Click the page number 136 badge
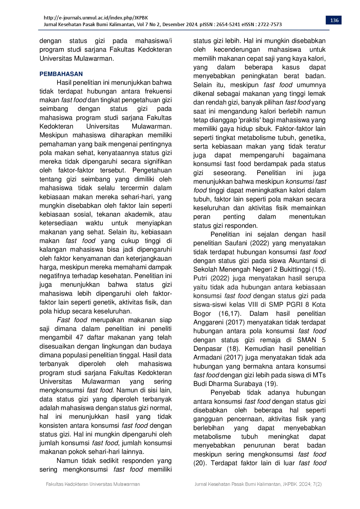[x=334, y=20]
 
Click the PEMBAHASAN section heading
[x=61, y=74]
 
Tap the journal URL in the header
[x=96, y=18]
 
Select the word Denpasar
[x=208, y=349]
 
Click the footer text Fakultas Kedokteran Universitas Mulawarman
[x=93, y=484]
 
